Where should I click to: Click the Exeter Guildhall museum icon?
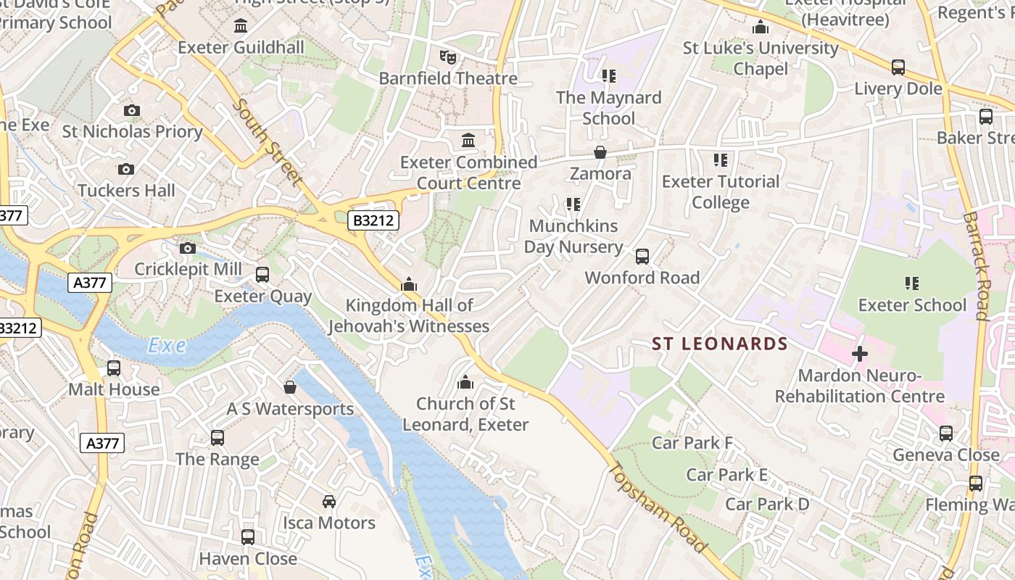click(241, 27)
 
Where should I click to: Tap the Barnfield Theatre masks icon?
click(448, 57)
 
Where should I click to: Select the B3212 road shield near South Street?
click(373, 220)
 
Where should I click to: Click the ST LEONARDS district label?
click(719, 344)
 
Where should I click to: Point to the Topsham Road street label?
click(658, 508)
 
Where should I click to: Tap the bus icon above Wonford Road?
click(642, 257)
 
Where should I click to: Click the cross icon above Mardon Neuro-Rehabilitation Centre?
click(860, 355)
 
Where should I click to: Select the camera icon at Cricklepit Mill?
click(188, 249)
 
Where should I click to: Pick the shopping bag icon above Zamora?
click(600, 153)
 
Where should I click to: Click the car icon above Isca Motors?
click(329, 502)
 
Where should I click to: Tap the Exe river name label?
click(167, 347)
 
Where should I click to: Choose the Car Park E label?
click(726, 475)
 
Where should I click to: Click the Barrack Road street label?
click(976, 265)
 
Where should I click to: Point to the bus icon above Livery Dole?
click(898, 68)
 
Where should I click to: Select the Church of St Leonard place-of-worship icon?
click(465, 382)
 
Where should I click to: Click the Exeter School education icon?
click(912, 283)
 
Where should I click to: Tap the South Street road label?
click(267, 142)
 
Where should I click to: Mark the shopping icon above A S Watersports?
click(290, 388)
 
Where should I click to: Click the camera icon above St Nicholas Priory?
click(131, 110)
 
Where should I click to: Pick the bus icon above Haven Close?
click(248, 537)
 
